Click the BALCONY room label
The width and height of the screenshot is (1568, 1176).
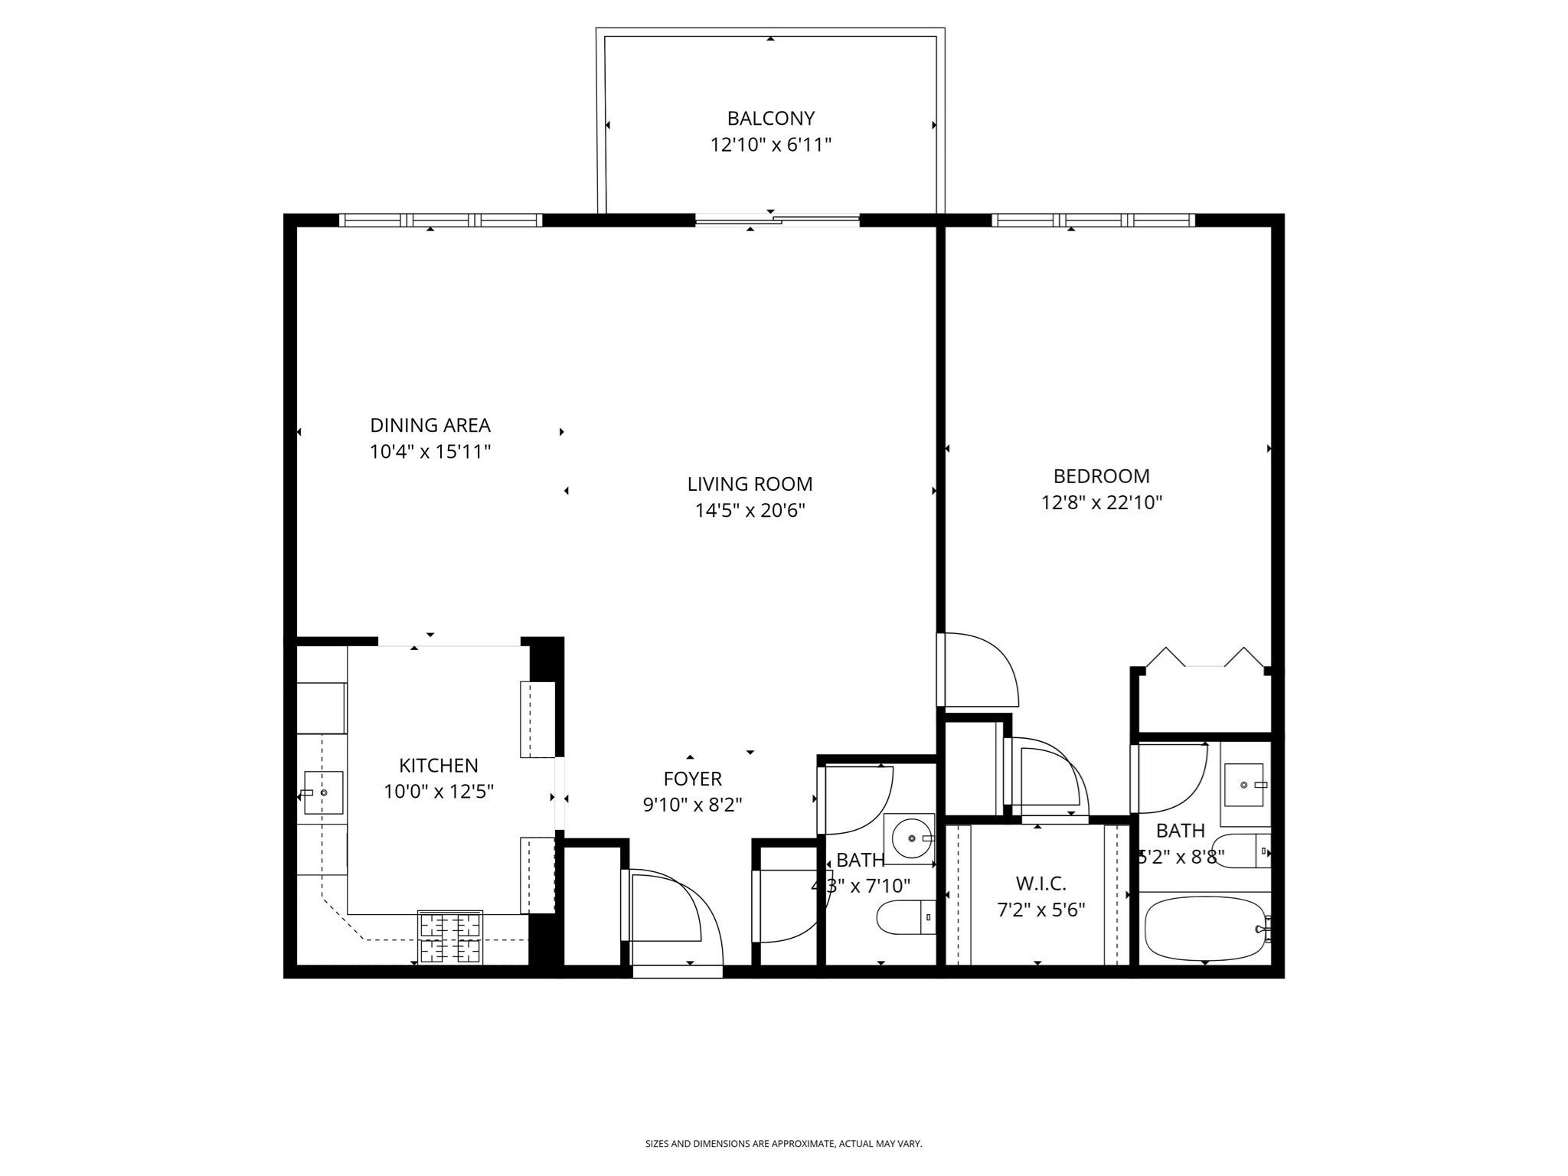pyautogui.click(x=770, y=119)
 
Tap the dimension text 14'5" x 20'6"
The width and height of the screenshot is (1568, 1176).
pyautogui.click(x=750, y=511)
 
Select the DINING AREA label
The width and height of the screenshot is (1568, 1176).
pyautogui.click(x=430, y=426)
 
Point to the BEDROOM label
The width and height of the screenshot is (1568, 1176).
pyautogui.click(x=1101, y=476)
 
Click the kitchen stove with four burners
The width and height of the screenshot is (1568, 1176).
pyautogui.click(x=450, y=937)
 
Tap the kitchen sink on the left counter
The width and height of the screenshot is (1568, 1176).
pyautogui.click(x=323, y=792)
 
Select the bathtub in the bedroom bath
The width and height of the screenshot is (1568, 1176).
pyautogui.click(x=1204, y=929)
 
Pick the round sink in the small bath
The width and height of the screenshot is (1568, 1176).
pyautogui.click(x=910, y=838)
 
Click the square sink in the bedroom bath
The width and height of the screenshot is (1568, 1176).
pyautogui.click(x=1243, y=785)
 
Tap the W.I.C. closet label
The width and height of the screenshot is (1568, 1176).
pyautogui.click(x=1040, y=884)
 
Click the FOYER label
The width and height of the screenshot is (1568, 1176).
pyautogui.click(x=692, y=779)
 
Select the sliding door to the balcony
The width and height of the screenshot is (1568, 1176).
pyautogui.click(x=777, y=220)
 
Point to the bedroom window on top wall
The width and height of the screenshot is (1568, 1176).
pyautogui.click(x=1093, y=220)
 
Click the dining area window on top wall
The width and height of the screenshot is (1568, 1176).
pyautogui.click(x=440, y=220)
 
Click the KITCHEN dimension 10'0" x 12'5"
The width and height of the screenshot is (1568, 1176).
pyautogui.click(x=438, y=792)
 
